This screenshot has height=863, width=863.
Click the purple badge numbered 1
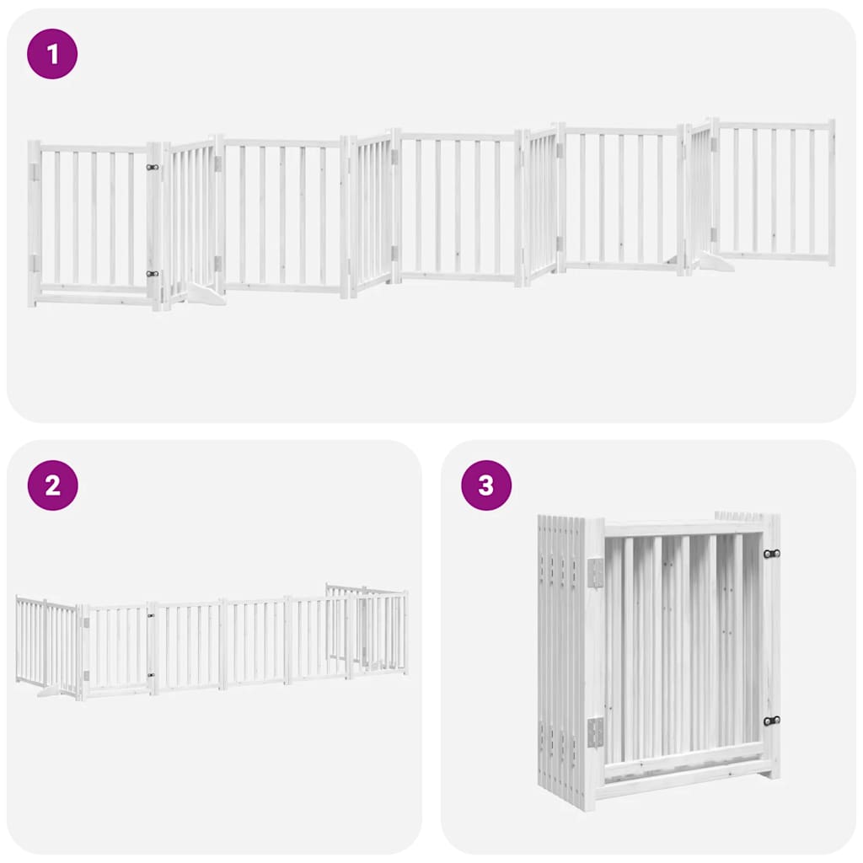pos(52,54)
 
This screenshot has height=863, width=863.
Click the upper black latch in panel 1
pos(153,167)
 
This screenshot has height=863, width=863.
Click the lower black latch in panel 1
pos(153,273)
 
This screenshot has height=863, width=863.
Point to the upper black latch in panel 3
pos(770,554)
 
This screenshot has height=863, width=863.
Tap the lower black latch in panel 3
pos(770,721)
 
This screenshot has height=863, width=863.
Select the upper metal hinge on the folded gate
pos(596,572)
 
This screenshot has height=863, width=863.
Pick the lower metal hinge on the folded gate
pos(596,732)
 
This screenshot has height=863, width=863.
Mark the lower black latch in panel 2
pos(152,674)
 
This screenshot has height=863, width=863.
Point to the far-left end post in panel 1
pos(33,223)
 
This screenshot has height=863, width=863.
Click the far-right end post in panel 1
pos(831,192)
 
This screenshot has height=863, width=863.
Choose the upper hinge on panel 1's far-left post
pos(35,171)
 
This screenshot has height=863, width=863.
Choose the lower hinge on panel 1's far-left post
pos(35,263)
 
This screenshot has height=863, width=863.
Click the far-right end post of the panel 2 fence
pos(405,632)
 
